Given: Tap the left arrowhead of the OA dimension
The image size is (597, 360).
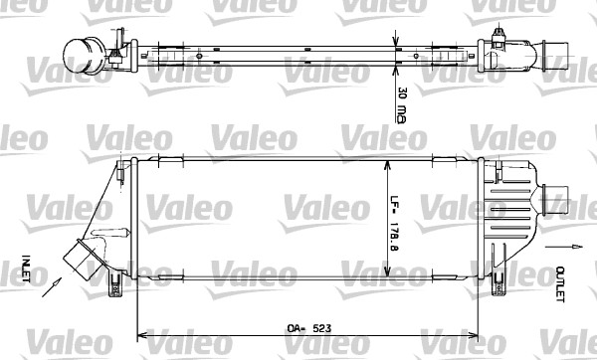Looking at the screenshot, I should click(x=136, y=333).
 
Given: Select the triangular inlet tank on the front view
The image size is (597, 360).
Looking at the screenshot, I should click(x=109, y=224).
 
